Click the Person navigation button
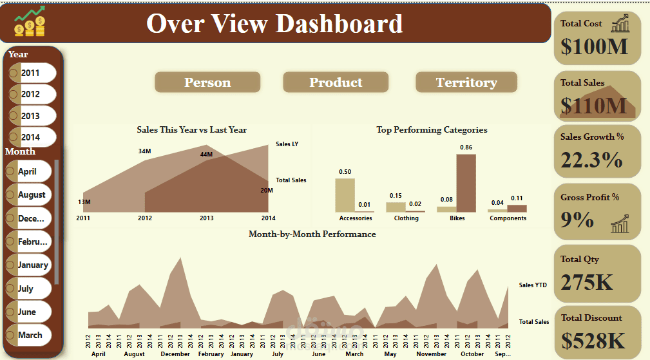click(207, 82)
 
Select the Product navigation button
click(336, 82)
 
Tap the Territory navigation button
click(466, 82)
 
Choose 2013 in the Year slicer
click(30, 116)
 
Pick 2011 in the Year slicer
click(30, 73)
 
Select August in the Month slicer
click(32, 194)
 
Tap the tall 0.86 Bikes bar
click(466, 183)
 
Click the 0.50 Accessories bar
click(345, 195)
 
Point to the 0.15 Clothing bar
click(395, 207)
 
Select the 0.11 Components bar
click(517, 208)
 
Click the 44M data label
click(206, 154)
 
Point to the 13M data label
click(84, 202)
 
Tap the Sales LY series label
click(287, 144)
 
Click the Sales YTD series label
click(533, 285)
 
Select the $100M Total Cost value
click(594, 46)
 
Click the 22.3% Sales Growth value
click(591, 160)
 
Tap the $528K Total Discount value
click(593, 340)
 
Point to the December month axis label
click(175, 354)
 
